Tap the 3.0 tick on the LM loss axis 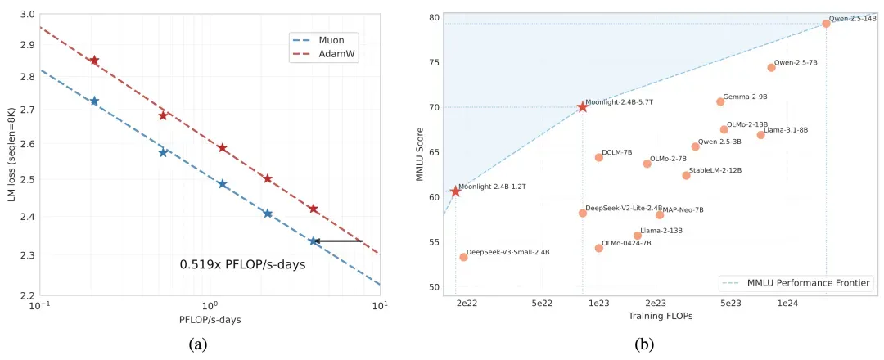26,15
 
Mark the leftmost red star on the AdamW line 94,61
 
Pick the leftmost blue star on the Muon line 94,101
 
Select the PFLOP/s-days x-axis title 209,320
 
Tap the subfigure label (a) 197,344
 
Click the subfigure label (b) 646,344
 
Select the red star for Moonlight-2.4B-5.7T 582,107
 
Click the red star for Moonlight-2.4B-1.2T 456,191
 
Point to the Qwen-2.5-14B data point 826,24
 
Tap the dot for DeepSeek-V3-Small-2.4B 463,257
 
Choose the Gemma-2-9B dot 720,101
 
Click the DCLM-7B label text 616,153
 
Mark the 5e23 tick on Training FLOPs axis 730,303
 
